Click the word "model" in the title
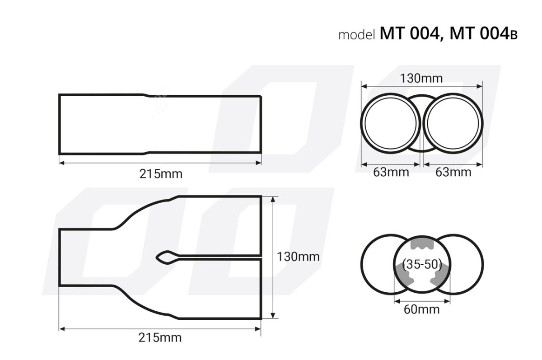(x=357, y=35)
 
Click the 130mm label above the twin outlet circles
(x=421, y=79)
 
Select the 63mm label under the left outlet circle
(x=391, y=172)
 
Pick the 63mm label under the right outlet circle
(x=453, y=172)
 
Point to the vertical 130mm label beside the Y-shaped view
(x=298, y=257)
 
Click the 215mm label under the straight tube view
(x=160, y=173)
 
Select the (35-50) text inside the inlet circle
(x=422, y=265)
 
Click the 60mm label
(x=422, y=309)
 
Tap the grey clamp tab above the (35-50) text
(x=422, y=244)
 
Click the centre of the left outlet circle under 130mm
(x=391, y=122)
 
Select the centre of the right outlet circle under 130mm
(x=453, y=122)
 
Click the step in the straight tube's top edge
(x=145, y=95)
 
